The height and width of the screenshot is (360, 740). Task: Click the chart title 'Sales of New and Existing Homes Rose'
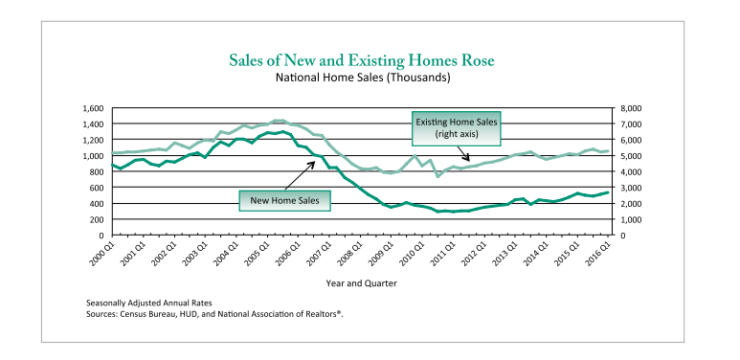click(x=362, y=61)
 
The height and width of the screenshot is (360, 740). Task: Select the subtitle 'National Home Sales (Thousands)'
click(x=363, y=78)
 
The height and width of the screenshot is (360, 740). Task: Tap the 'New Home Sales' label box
click(x=284, y=200)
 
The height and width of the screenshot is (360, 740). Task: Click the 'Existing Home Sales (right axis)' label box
click(x=457, y=128)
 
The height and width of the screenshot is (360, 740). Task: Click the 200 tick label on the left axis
click(x=98, y=219)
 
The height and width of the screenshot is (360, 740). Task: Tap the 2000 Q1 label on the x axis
click(x=103, y=254)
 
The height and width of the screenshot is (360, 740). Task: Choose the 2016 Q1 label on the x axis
click(x=600, y=254)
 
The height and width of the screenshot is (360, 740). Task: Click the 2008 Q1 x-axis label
click(x=351, y=254)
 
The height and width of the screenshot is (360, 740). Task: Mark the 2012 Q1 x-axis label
click(x=476, y=254)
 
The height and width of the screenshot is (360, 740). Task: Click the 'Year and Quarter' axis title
click(x=362, y=283)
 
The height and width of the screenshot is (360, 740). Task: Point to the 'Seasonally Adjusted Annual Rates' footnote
click(x=149, y=303)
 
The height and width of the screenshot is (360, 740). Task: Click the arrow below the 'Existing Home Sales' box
click(x=462, y=153)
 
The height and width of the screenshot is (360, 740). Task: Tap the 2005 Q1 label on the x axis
click(x=258, y=254)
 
